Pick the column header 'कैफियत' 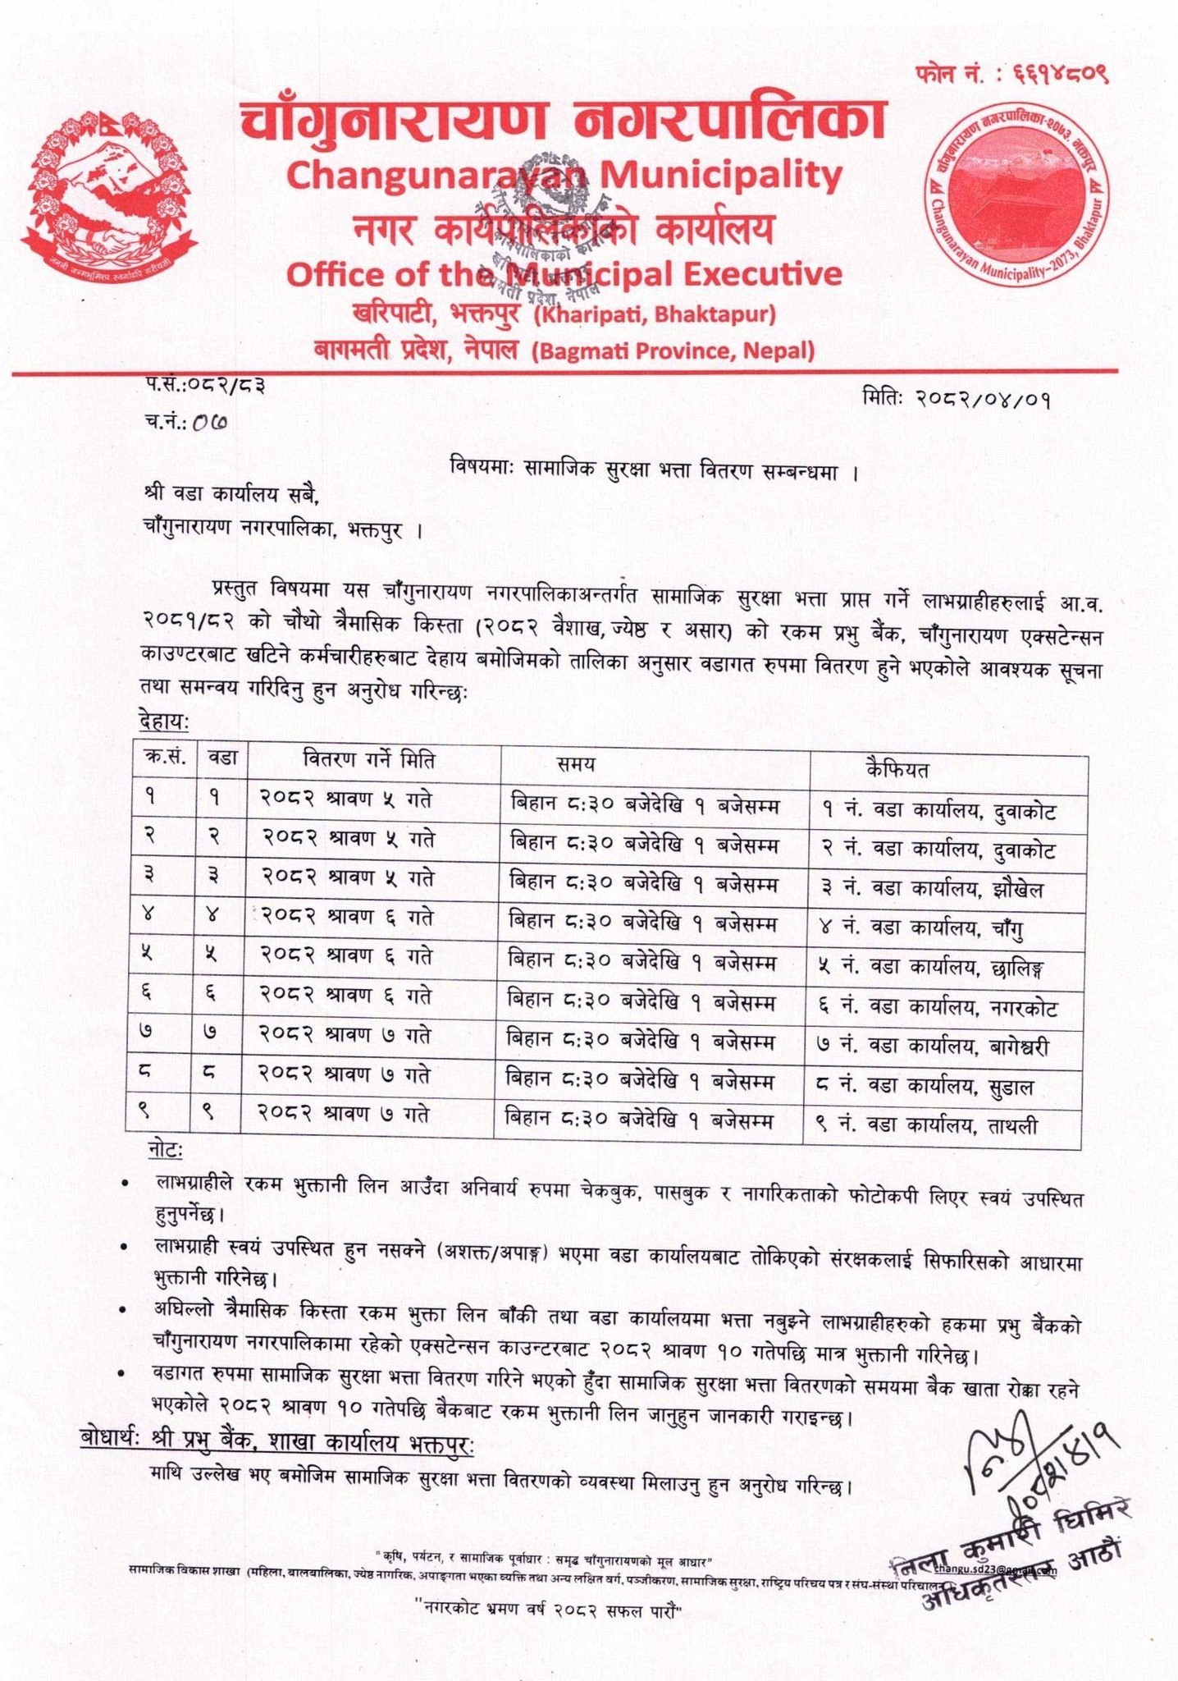pyautogui.click(x=897, y=769)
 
